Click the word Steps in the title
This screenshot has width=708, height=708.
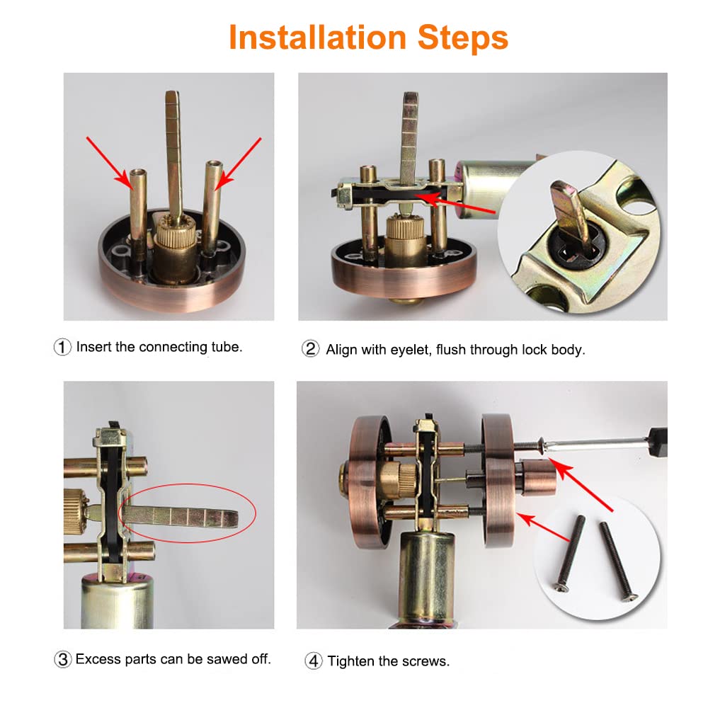tap(463, 38)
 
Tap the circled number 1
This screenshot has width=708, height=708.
tap(62, 347)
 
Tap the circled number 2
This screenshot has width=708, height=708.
tap(311, 349)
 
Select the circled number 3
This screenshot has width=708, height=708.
tap(63, 659)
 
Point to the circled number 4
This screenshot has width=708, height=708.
tap(314, 661)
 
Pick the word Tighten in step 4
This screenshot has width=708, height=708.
tap(351, 661)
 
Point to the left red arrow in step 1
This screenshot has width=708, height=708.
tap(108, 162)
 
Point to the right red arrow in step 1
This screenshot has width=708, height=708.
tap(239, 164)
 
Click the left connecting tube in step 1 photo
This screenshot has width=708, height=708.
tap(137, 217)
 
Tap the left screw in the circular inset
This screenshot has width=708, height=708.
tap(569, 553)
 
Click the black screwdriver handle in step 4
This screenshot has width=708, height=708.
tap(658, 440)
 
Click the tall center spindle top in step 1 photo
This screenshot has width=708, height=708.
tap(172, 96)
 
